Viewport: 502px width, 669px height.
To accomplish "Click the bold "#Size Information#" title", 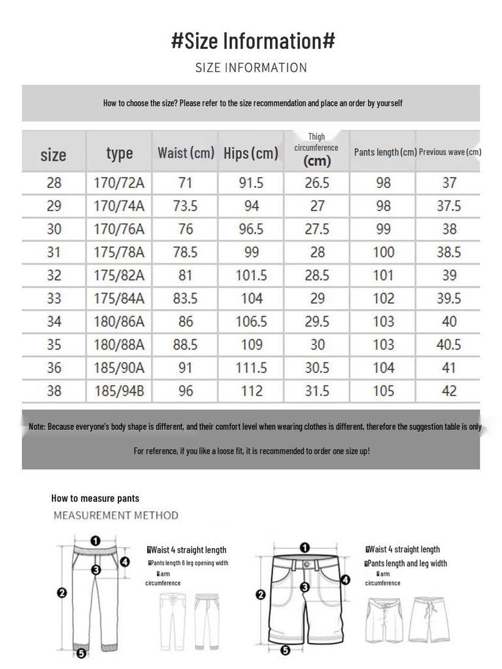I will point(253,41).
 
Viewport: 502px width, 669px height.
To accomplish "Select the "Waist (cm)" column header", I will point(186,153).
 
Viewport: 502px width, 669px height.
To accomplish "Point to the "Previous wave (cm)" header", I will point(450,152).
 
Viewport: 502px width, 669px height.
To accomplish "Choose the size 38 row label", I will point(54,391).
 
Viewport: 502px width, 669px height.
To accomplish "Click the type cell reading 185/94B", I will point(119,391).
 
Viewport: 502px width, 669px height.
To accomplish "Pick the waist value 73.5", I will point(185,206).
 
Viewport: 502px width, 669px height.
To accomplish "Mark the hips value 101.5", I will point(251,276).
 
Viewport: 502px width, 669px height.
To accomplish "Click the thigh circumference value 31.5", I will point(317,391).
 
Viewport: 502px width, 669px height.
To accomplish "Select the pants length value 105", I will point(384,391).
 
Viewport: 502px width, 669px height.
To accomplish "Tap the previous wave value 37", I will point(449,183).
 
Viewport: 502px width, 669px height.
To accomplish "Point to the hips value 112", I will point(251,391).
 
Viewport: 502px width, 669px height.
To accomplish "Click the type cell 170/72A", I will point(119,183).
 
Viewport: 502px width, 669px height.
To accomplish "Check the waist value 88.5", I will point(185,345).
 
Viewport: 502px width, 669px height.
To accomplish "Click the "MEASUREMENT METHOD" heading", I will point(116,515).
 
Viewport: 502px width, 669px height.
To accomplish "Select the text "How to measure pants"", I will point(95,498).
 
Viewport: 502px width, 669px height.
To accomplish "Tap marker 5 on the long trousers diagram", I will point(81,653).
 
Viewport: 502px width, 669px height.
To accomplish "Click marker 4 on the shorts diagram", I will point(345,579).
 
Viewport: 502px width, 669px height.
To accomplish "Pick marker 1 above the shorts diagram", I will point(305,547).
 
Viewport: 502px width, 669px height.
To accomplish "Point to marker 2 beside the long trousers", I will point(62,593).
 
